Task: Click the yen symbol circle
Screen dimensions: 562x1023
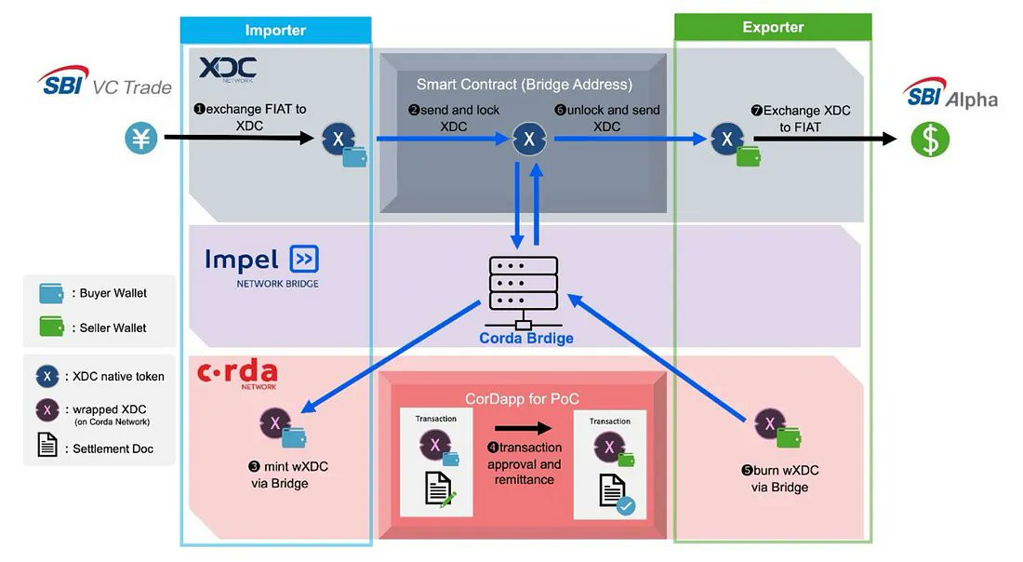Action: pos(141,140)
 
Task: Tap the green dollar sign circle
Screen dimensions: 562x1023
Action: pos(929,140)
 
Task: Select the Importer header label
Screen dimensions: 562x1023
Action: pos(275,30)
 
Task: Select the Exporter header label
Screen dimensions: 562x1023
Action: pos(773,27)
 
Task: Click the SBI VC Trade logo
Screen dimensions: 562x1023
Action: pos(105,83)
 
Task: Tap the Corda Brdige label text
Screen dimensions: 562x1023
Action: pos(526,338)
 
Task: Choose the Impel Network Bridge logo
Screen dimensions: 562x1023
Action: pos(261,265)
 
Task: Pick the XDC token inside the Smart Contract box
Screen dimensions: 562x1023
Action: pos(529,140)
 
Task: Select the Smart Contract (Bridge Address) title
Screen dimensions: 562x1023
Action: pos(524,85)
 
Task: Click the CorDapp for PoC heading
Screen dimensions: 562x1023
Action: pos(523,398)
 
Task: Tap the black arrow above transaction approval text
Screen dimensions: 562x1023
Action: pos(523,429)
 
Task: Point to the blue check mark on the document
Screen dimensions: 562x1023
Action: pos(625,505)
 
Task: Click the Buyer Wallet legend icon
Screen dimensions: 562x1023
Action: pos(52,293)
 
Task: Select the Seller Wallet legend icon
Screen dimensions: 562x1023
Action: pos(52,328)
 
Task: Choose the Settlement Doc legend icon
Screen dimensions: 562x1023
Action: pos(46,448)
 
